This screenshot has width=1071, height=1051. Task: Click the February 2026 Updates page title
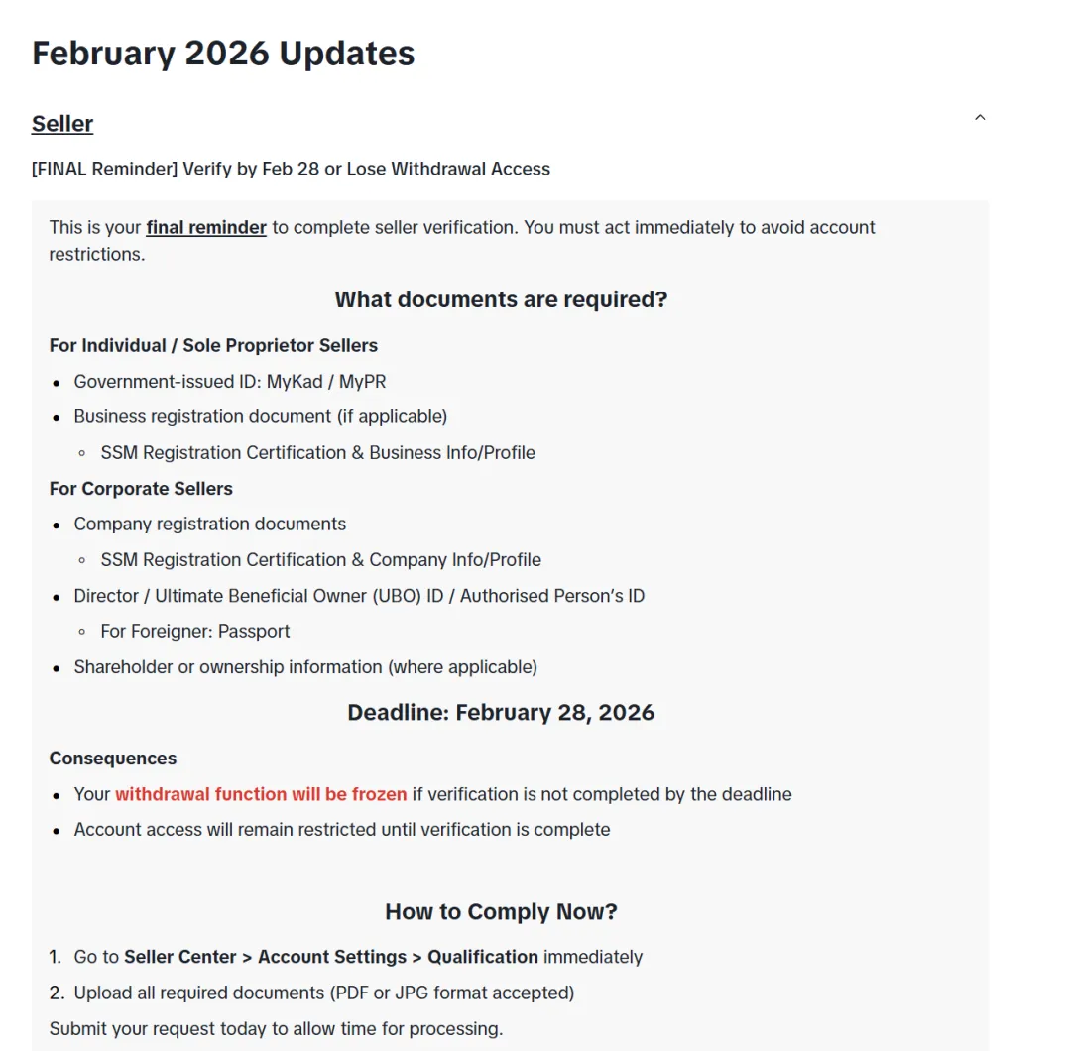click(223, 54)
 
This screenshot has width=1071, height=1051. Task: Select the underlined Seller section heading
click(62, 124)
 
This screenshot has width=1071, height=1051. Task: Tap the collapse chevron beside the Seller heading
click(980, 118)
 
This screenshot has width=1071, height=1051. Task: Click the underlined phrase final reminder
click(206, 227)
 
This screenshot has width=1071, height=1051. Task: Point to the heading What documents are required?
click(501, 299)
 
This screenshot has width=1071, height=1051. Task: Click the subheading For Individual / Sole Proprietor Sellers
click(213, 345)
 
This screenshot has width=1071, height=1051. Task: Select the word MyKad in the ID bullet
click(295, 381)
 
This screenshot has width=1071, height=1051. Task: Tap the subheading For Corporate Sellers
click(141, 488)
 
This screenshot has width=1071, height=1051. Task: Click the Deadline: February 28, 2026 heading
click(501, 712)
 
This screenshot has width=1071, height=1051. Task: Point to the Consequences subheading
click(113, 759)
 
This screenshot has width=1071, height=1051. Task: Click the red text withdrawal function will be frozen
click(261, 794)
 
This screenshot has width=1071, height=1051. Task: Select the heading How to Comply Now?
click(501, 911)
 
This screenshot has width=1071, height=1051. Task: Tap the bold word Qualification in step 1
click(483, 957)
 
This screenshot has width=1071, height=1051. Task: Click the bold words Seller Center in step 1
click(180, 957)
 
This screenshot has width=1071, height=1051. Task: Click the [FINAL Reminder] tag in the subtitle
click(105, 169)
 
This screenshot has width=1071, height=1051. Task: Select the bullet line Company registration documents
click(209, 524)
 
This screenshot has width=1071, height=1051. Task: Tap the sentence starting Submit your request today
click(276, 1028)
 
